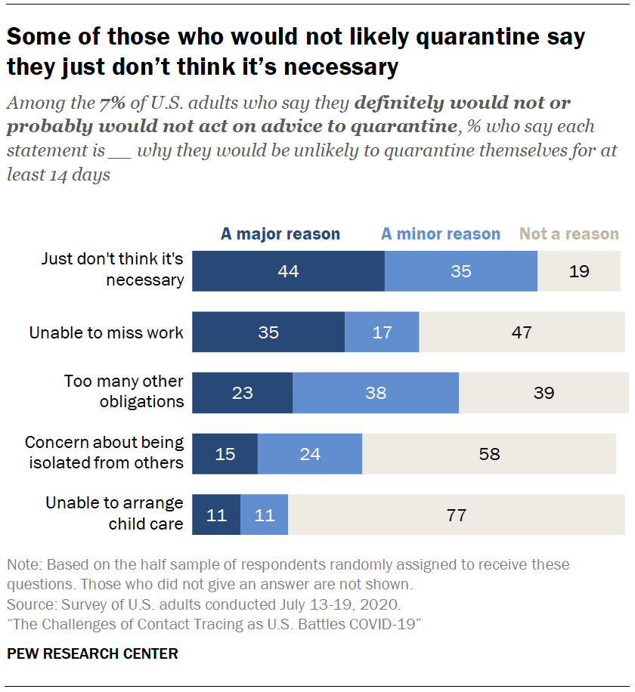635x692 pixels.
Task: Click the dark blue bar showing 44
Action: click(x=288, y=271)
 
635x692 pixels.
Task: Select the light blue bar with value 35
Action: click(x=461, y=271)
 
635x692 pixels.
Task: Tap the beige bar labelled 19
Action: click(x=579, y=271)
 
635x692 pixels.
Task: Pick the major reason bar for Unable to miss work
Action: click(x=268, y=332)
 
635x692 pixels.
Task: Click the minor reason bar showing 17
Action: click(x=382, y=332)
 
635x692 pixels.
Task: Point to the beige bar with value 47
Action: click(x=522, y=332)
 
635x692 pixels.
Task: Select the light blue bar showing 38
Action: click(x=376, y=393)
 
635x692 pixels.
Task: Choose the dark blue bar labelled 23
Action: click(x=242, y=393)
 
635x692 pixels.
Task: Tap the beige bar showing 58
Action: click(x=489, y=454)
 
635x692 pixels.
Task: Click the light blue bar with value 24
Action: click(x=310, y=454)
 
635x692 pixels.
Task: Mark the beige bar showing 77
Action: click(x=457, y=515)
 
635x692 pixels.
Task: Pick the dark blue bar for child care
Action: click(x=216, y=515)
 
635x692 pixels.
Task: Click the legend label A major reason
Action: click(x=280, y=234)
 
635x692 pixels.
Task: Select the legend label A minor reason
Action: click(x=441, y=234)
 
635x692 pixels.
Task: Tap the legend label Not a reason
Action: click(x=570, y=234)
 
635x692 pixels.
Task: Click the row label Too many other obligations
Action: click(x=123, y=391)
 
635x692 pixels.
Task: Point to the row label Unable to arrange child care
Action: click(x=114, y=512)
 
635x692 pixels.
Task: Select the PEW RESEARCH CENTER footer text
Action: click(x=92, y=654)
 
